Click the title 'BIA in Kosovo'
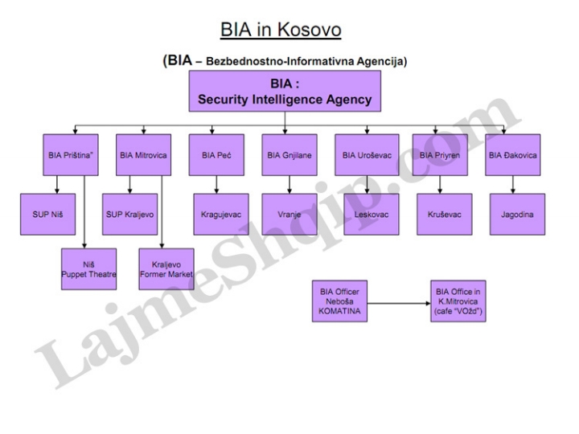click(x=281, y=30)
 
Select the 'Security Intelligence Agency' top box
click(x=285, y=92)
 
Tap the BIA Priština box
click(x=70, y=155)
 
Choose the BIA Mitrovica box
click(x=143, y=155)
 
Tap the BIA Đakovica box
click(x=513, y=155)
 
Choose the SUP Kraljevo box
click(x=129, y=215)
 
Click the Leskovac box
click(x=367, y=215)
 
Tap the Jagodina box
click(x=513, y=215)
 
